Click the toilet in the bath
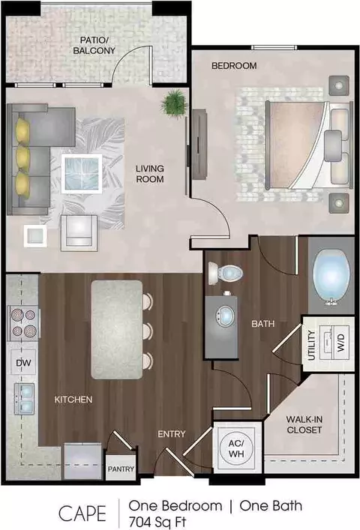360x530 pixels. [x=225, y=272]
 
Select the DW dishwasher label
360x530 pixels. [x=23, y=363]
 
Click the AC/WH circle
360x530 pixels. [x=236, y=448]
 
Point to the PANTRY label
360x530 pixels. [x=121, y=469]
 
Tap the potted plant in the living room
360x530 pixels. [x=175, y=102]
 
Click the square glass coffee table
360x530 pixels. [x=82, y=173]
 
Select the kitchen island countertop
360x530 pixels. [x=116, y=330]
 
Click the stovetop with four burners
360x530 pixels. [x=23, y=324]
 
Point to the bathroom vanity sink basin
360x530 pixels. [x=224, y=316]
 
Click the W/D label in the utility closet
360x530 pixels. [x=340, y=343]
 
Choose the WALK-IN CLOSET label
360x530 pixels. [x=304, y=424]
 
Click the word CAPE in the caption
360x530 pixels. [x=82, y=514]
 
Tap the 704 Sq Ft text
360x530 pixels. [x=157, y=523]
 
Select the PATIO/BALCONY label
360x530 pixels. [x=94, y=45]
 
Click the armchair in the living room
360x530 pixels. [x=79, y=233]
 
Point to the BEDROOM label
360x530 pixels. [x=234, y=65]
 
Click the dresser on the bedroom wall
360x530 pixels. [x=199, y=145]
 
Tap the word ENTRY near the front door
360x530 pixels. [x=172, y=433]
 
